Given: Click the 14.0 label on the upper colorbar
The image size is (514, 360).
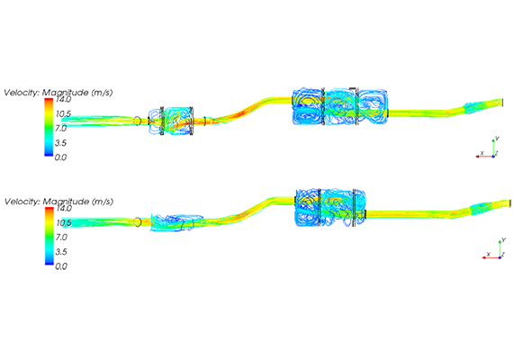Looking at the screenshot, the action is coord(62,99).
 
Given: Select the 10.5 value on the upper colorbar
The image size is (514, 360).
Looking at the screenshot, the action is coord(63,113).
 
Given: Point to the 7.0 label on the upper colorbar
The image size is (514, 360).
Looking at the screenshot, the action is coord(60,128).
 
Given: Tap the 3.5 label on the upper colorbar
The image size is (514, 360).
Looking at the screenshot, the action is coord(60,142).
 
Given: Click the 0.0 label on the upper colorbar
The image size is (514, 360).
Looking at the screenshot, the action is coord(60,157).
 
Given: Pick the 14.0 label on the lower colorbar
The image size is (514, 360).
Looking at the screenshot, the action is coord(63,208).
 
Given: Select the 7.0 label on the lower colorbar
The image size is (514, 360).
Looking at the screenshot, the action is coord(61,237).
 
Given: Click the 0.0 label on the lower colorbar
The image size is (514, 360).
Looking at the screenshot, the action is coord(61,265).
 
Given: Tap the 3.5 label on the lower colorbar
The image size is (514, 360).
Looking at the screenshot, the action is coord(61,251).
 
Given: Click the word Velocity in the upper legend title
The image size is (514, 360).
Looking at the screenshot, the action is coord(22,93).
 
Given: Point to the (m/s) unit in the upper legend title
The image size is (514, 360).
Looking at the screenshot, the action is coord(102,93).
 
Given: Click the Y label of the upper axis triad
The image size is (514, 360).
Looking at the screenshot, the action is coord(497,139).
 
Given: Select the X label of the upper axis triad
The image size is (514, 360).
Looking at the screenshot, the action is coord(482,153).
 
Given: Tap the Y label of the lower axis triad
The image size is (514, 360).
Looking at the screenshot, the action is coord(503,240).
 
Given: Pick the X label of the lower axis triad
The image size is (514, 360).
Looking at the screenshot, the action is coord(489,254).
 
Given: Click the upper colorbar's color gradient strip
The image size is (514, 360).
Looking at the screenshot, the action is coord(49,127).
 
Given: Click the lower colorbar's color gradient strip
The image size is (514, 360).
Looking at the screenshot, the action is coord(50,236).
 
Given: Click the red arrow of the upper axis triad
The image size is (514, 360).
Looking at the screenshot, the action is coord(484,157).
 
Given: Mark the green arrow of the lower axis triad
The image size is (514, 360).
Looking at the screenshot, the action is coord(500,249).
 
